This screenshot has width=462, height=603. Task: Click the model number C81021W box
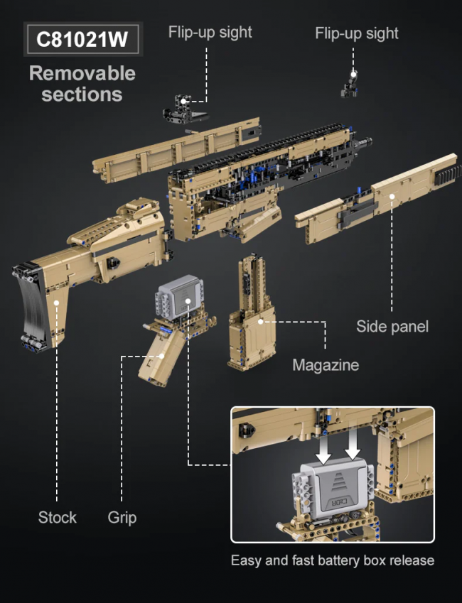pos(82,39)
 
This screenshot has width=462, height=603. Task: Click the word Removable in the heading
pos(82,73)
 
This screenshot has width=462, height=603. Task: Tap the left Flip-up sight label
pos(210,32)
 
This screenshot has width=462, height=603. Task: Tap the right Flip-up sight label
pos(357,33)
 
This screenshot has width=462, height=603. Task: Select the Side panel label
pos(392,327)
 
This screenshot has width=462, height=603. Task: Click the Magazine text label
pos(326,365)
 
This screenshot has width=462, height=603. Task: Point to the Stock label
pos(58,517)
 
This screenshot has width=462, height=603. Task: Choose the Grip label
pos(122,518)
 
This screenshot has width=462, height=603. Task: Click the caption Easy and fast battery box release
pos(333,560)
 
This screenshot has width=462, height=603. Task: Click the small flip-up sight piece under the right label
pos(350,83)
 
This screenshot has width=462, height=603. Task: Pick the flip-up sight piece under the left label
pos(185,109)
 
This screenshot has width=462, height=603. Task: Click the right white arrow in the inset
pos(353,442)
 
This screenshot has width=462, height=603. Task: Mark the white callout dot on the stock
pos(56,303)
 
